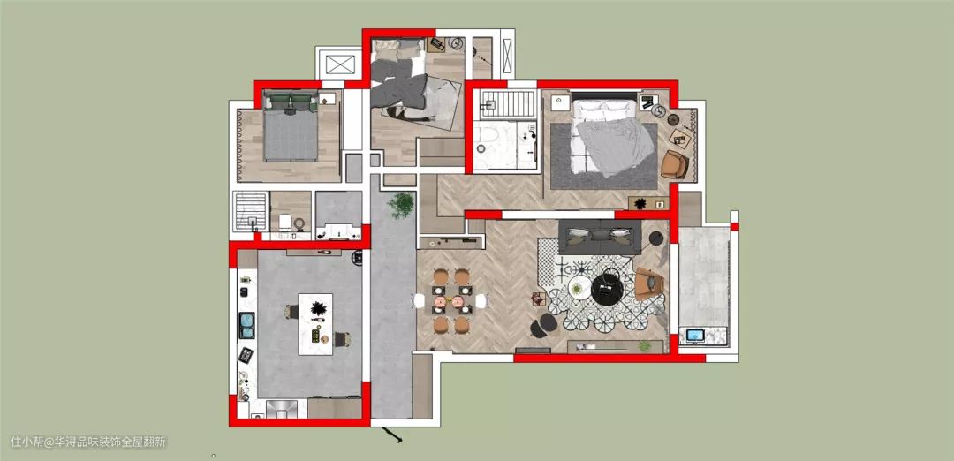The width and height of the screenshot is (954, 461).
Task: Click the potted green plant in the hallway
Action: pos(400,205)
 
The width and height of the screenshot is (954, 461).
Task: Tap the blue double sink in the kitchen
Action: pos(247,325)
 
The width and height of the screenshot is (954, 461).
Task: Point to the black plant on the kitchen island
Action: pos(317,308)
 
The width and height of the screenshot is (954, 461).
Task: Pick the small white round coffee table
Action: pos(579,288)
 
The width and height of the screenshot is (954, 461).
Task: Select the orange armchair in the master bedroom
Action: pos(675,165)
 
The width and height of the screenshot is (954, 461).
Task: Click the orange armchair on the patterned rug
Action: pos(648,284)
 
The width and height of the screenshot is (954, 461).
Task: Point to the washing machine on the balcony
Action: pos(695,335)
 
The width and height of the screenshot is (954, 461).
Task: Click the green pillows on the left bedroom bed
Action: pos(291,101)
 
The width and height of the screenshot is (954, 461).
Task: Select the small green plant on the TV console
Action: pos(644,345)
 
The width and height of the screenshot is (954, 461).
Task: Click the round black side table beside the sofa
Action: pos(655,238)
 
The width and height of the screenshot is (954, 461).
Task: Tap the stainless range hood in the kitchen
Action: pos(282,408)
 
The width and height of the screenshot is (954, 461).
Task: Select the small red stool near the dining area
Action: pos(538,298)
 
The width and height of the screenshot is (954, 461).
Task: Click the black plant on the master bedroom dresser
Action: pos(640,204)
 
